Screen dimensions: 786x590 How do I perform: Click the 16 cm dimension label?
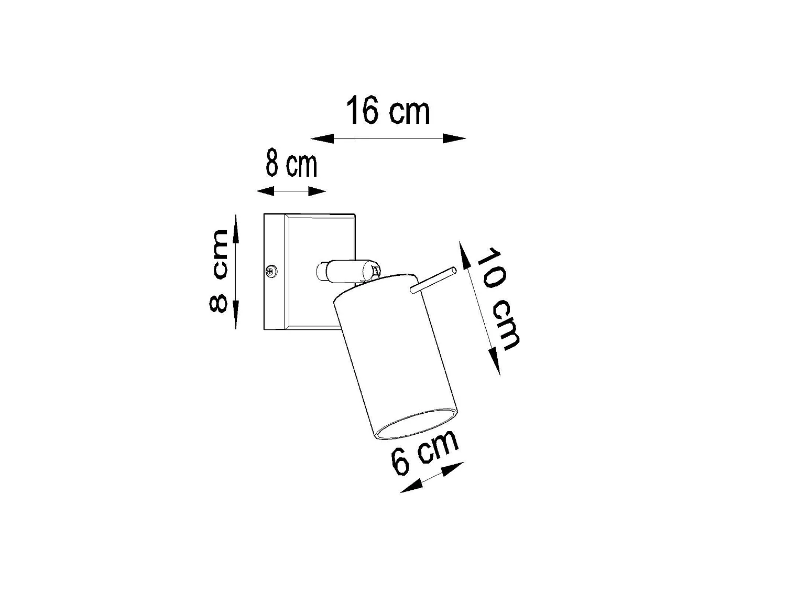[388, 110]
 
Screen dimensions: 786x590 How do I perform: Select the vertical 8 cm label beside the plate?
[218, 271]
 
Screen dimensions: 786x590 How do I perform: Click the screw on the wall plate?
[272, 271]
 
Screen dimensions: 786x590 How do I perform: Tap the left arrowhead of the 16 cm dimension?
[322, 138]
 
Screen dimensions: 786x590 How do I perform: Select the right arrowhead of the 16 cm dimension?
[454, 138]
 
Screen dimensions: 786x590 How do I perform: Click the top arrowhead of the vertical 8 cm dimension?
[236, 228]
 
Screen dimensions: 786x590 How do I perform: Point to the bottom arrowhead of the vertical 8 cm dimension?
[236, 315]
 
